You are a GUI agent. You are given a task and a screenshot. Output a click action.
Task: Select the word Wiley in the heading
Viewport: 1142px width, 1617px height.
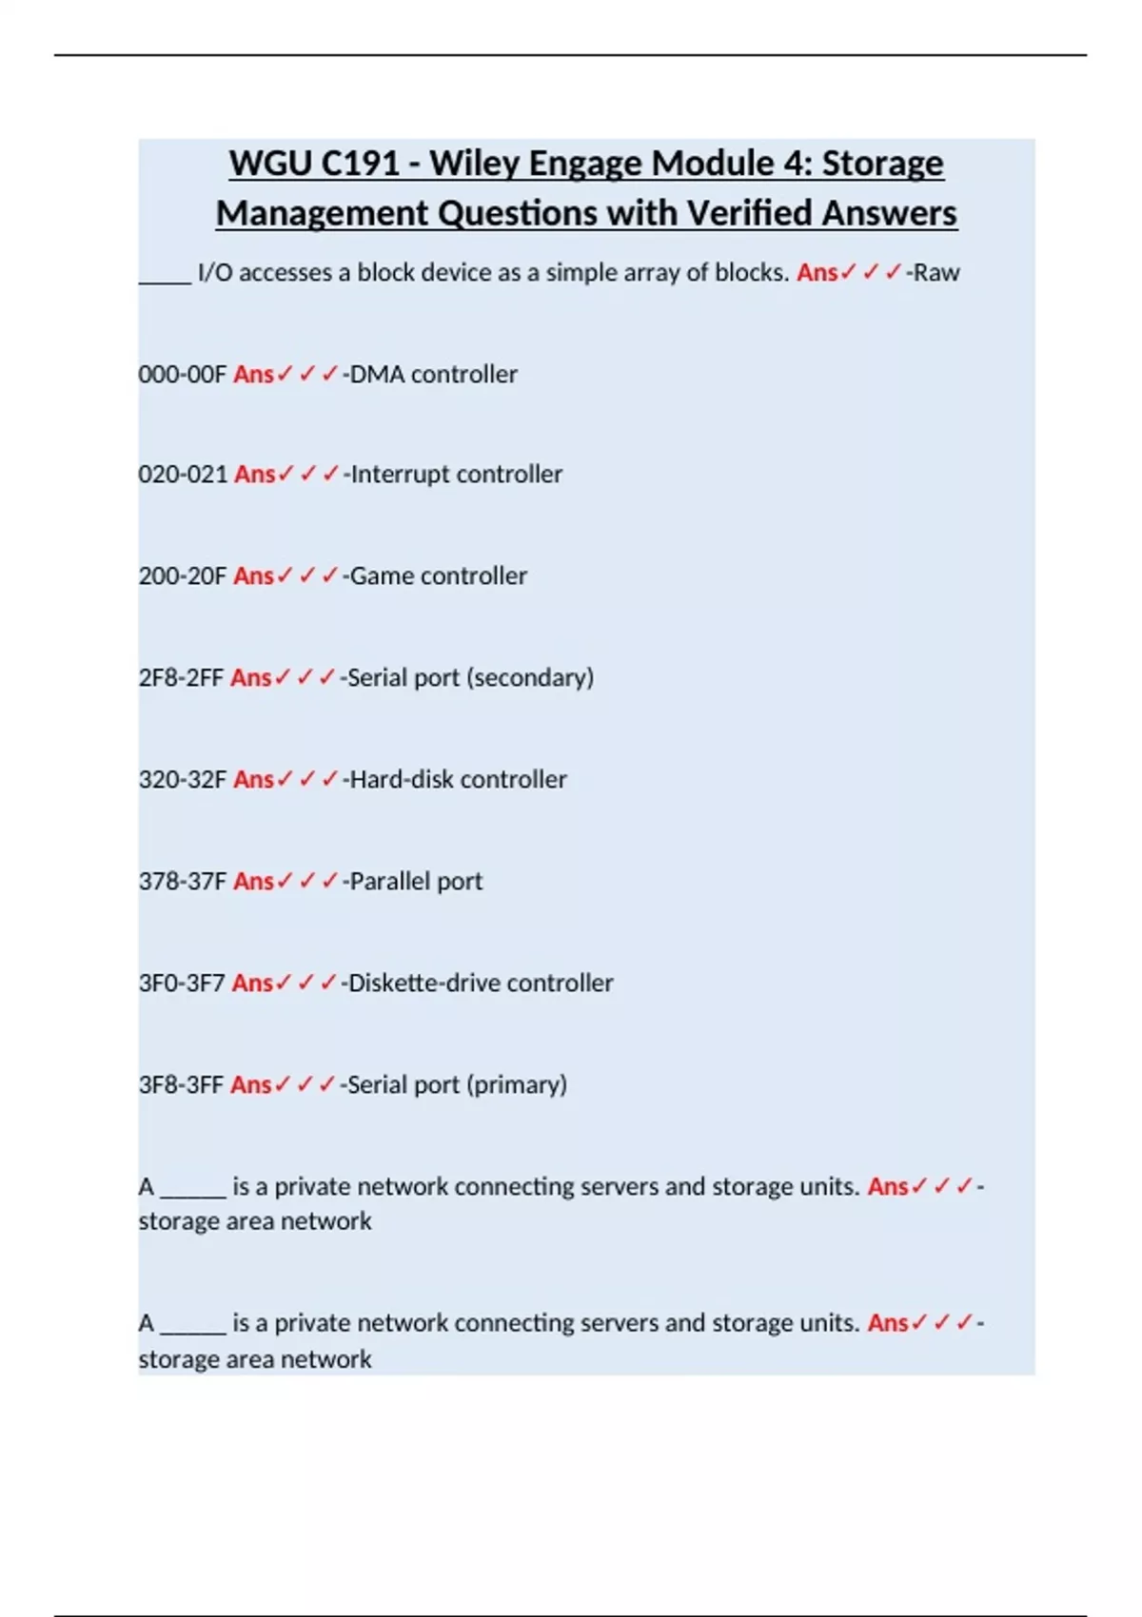(474, 164)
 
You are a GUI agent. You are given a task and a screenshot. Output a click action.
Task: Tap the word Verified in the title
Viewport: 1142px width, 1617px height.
(749, 213)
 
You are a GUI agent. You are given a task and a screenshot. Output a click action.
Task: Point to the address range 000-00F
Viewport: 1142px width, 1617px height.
(183, 375)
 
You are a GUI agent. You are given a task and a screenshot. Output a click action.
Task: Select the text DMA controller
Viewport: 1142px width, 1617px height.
(434, 375)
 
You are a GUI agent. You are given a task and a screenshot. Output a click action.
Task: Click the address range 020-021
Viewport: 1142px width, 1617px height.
(183, 475)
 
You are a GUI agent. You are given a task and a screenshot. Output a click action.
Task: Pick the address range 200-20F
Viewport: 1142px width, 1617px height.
(183, 576)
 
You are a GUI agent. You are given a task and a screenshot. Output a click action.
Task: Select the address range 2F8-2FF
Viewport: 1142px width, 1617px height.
(181, 678)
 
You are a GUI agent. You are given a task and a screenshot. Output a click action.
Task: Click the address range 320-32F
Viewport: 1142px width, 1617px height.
(183, 780)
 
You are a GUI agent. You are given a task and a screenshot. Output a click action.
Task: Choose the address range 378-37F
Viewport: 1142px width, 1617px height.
(183, 882)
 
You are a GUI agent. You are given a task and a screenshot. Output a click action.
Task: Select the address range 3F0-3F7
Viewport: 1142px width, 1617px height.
(182, 984)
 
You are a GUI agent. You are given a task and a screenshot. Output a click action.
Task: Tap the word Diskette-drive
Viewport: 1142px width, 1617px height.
(423, 984)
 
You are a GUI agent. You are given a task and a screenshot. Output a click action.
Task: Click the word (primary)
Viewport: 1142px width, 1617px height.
(518, 1085)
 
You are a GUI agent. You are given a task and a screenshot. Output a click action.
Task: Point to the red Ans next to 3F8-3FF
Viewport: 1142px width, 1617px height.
(251, 1085)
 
